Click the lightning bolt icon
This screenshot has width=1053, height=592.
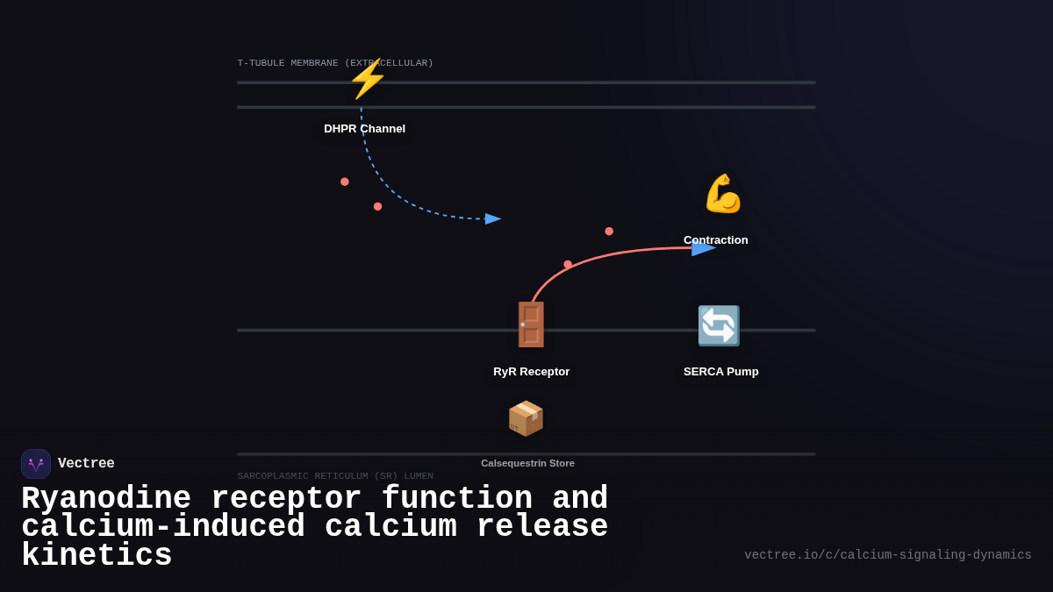[x=368, y=79]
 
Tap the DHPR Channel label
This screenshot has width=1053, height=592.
[x=364, y=129]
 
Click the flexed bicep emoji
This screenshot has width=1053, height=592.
[x=723, y=194]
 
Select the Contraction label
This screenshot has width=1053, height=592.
[x=716, y=240]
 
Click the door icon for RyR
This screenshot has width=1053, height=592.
[x=531, y=325]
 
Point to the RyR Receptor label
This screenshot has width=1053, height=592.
[x=531, y=372]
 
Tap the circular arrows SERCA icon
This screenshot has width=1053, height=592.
[x=719, y=325]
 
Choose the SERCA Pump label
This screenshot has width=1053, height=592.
[x=720, y=372]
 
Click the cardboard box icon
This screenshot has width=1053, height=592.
[x=526, y=418]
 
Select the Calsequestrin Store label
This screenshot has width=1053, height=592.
[x=527, y=463]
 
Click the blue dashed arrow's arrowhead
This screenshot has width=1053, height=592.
[x=492, y=218]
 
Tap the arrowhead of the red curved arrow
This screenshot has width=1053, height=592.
[x=703, y=248]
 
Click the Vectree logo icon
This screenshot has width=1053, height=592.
[x=36, y=464]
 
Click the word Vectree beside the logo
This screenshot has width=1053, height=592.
[x=86, y=464]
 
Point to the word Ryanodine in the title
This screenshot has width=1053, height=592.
[x=106, y=499]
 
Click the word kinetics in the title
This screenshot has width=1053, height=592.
[x=97, y=556]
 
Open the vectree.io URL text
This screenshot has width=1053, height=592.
[x=887, y=555]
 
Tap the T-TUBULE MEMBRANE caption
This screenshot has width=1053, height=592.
[x=335, y=63]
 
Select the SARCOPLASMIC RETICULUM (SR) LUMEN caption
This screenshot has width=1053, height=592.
[x=335, y=476]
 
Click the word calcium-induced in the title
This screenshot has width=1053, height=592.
[x=163, y=527]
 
